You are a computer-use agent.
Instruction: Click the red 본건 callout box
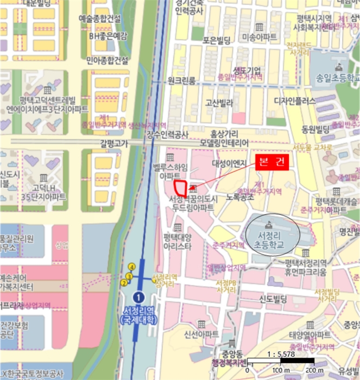tap(273, 162)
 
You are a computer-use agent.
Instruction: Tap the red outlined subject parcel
tap(180, 188)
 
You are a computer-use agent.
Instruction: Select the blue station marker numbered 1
tap(139, 297)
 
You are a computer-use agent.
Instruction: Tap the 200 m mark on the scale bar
tap(312, 370)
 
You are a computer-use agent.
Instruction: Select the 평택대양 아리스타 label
tap(177, 242)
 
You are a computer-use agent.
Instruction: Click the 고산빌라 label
tap(219, 102)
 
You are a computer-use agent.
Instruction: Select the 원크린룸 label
tap(181, 80)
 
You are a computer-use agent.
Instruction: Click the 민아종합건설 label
tap(108, 60)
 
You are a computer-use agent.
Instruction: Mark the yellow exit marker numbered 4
tap(131, 267)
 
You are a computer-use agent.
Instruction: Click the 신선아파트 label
tap(201, 333)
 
